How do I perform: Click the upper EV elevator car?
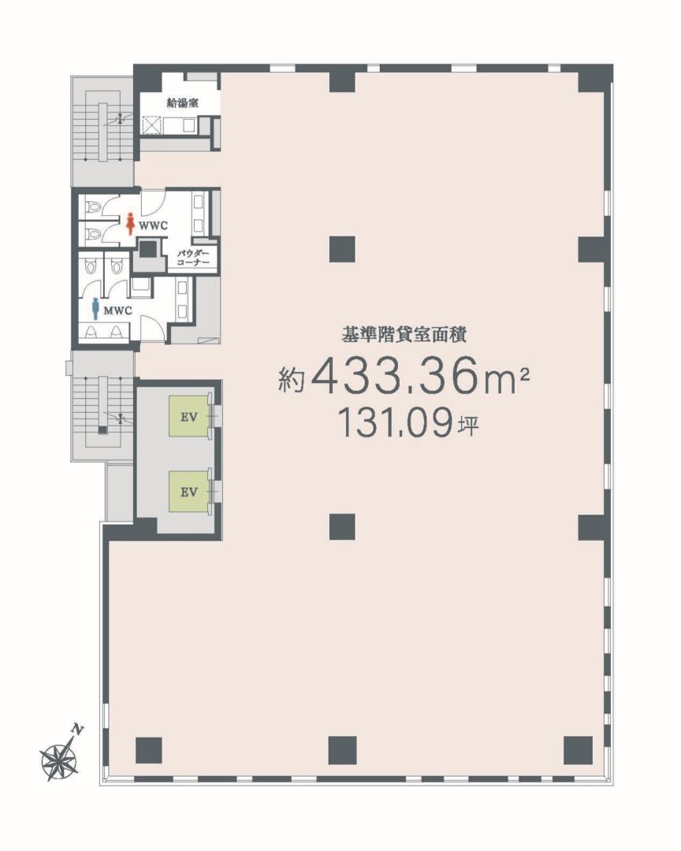pyautogui.click(x=188, y=416)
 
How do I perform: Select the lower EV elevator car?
pyautogui.click(x=188, y=491)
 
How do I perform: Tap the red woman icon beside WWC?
pyautogui.click(x=130, y=224)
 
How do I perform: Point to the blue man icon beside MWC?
pyautogui.click(x=96, y=308)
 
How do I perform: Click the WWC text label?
pyautogui.click(x=153, y=226)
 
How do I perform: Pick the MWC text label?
pyautogui.click(x=118, y=311)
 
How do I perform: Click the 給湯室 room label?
pyautogui.click(x=183, y=103)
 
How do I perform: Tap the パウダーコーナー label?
pyautogui.click(x=193, y=257)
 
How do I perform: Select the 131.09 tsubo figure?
pyautogui.click(x=396, y=423)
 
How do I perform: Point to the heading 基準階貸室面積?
pyautogui.click(x=403, y=334)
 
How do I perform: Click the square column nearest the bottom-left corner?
pyautogui.click(x=149, y=750)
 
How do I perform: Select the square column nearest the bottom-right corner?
pyautogui.click(x=578, y=750)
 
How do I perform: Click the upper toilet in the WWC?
pyautogui.click(x=93, y=207)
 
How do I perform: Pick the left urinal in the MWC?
pyautogui.click(x=91, y=332)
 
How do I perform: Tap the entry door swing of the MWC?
pyautogui.click(x=152, y=329)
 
